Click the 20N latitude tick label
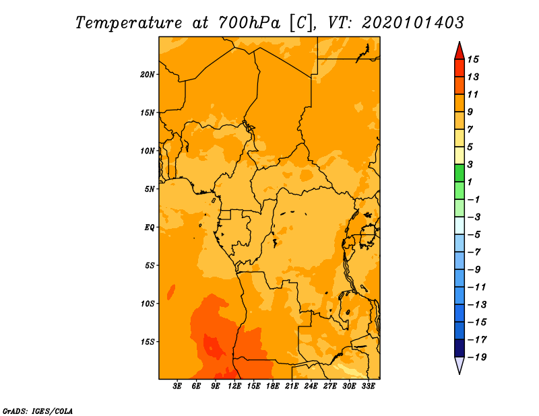coord(148,74)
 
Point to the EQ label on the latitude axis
coord(149,227)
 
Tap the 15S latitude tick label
coord(148,341)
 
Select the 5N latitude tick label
coord(150,188)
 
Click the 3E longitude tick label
coord(178,386)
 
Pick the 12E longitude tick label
coord(234,386)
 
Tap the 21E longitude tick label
coord(292,386)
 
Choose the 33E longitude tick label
coord(368,386)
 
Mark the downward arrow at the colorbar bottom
coord(459,365)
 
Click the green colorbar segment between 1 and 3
coord(459,173)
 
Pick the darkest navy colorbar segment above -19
coord(459,348)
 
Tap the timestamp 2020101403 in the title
coord(413,22)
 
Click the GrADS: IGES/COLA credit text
coord(37,410)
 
